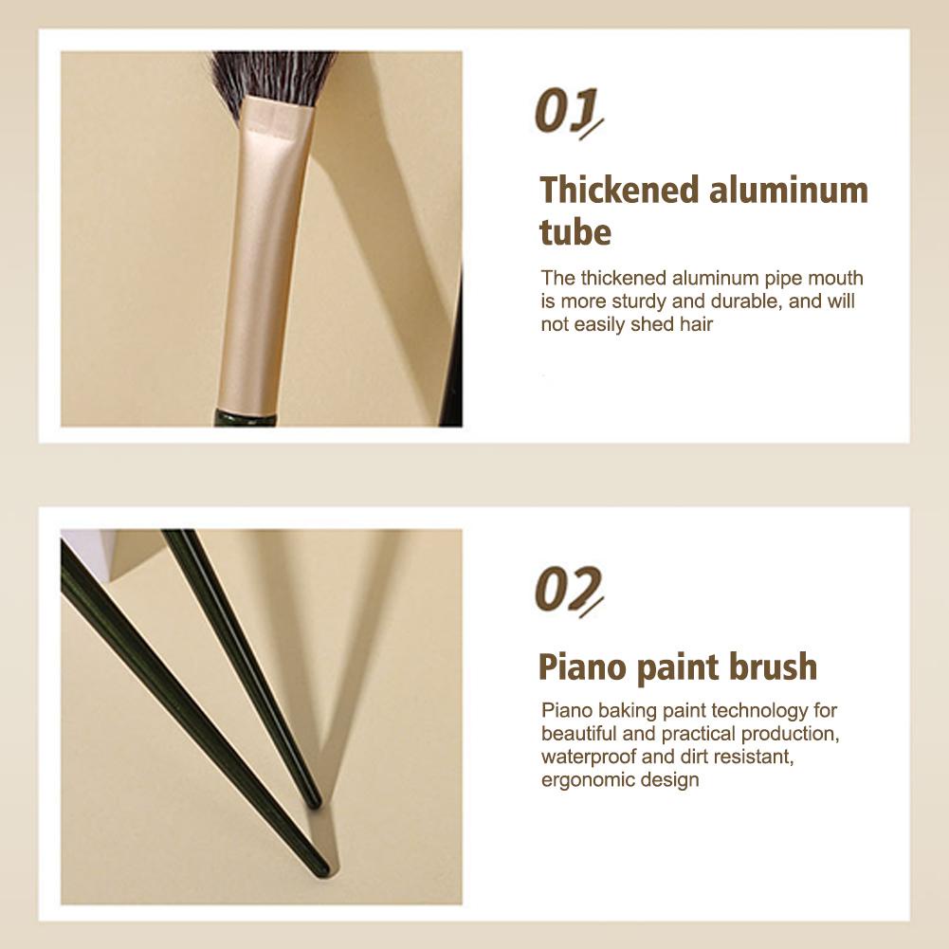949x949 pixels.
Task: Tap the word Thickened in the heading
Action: pos(620,190)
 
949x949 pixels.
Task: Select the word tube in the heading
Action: pos(575,232)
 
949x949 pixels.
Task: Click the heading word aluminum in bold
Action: pos(789,190)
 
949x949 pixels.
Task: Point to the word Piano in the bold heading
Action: pos(582,667)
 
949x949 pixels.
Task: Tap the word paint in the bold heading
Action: pos(677,668)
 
